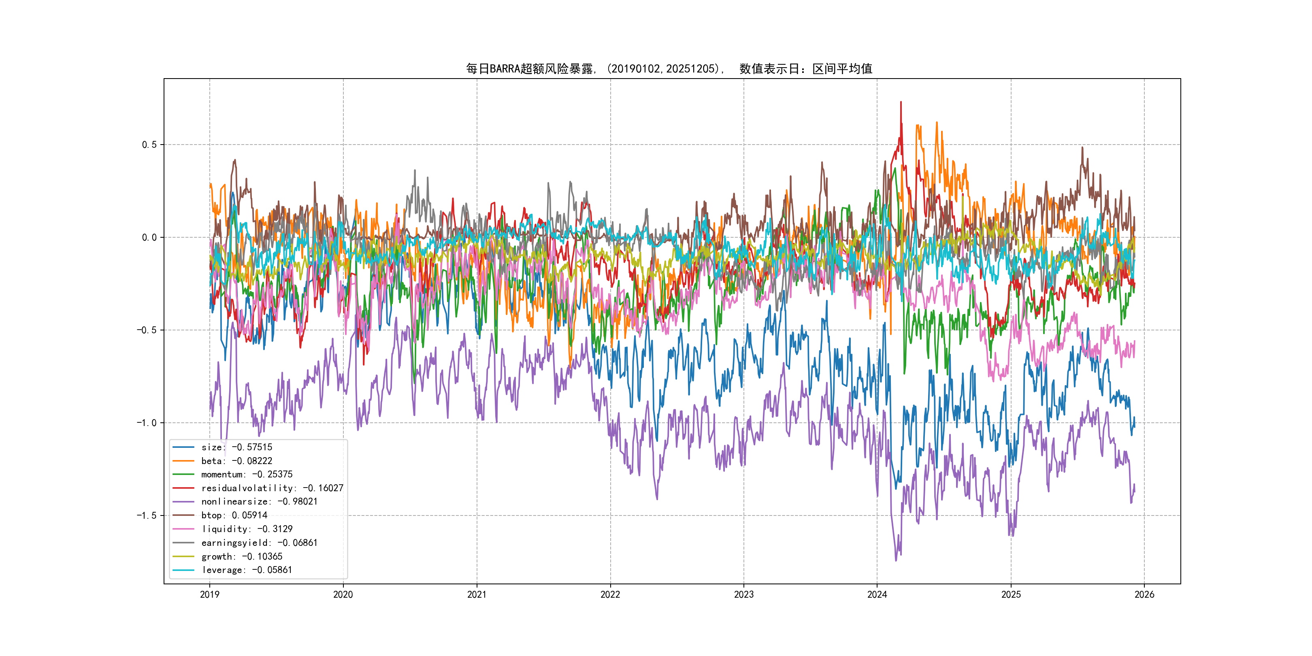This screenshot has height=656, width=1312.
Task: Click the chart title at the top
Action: pyautogui.click(x=669, y=69)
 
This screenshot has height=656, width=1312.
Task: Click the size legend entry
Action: pyautogui.click(x=236, y=447)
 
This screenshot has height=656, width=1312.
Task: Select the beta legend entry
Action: pyautogui.click(x=236, y=461)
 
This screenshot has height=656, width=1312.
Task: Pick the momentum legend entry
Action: pyautogui.click(x=247, y=474)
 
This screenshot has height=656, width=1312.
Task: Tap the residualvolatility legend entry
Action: pyautogui.click(x=272, y=488)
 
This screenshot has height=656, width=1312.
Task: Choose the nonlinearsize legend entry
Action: pyautogui.click(x=259, y=502)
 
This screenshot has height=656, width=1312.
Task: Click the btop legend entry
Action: pyautogui.click(x=234, y=515)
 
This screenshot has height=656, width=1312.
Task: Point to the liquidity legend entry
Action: pyautogui.click(x=247, y=529)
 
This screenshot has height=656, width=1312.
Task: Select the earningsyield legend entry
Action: pyautogui.click(x=259, y=543)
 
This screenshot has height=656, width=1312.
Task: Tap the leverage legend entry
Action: pyautogui.click(x=247, y=570)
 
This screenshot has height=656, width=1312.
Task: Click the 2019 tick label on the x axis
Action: pyautogui.click(x=209, y=594)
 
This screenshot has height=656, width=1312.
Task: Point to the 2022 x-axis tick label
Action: pyautogui.click(x=610, y=594)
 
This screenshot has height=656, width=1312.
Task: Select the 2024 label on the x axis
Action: pyautogui.click(x=877, y=594)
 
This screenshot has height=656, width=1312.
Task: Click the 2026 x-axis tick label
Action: pyautogui.click(x=1144, y=594)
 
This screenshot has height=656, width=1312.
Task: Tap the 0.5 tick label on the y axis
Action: pyautogui.click(x=149, y=145)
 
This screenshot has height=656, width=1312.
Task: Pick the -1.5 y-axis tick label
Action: pyautogui.click(x=147, y=515)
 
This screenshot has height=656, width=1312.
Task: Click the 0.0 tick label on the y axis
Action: pyautogui.click(x=149, y=237)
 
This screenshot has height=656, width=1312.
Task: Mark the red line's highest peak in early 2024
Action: pyautogui.click(x=901, y=102)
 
